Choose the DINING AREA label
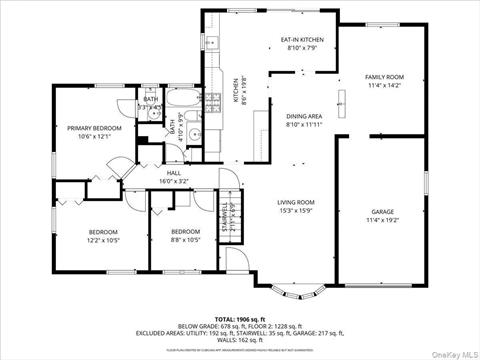tap(303, 116)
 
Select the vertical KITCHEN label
tap(236, 92)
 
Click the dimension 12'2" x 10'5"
tap(103, 240)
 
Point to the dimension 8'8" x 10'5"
tap(187, 240)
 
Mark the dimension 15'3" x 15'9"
tap(296, 211)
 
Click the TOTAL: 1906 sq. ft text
tap(239, 317)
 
